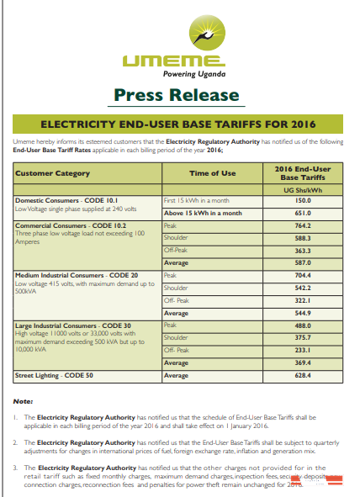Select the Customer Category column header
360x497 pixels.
click(53, 173)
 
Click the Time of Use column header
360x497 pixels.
click(210, 173)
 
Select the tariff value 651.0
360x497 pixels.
click(303, 214)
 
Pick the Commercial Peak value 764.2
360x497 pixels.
click(303, 226)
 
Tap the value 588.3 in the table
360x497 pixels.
click(303, 239)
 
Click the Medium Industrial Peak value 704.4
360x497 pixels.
click(303, 275)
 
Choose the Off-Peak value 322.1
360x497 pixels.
click(303, 299)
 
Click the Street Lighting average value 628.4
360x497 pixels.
click(303, 375)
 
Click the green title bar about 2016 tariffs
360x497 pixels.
click(179, 124)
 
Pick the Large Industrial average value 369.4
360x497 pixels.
click(303, 362)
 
